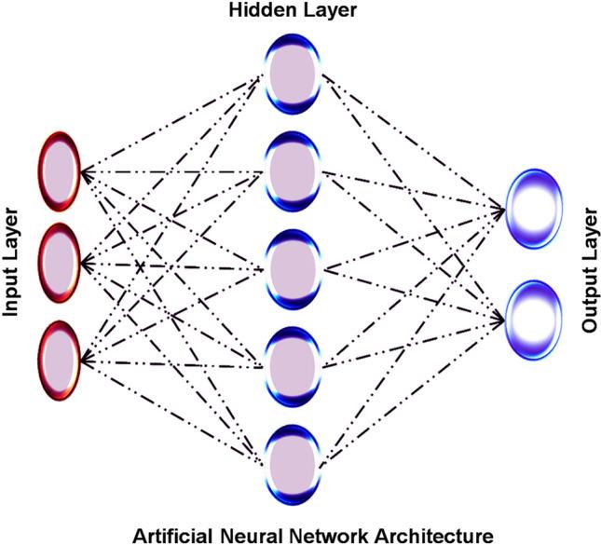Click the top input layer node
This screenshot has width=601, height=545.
(59, 173)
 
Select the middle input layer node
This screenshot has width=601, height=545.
(59, 263)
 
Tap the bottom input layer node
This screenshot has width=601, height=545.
(59, 359)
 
